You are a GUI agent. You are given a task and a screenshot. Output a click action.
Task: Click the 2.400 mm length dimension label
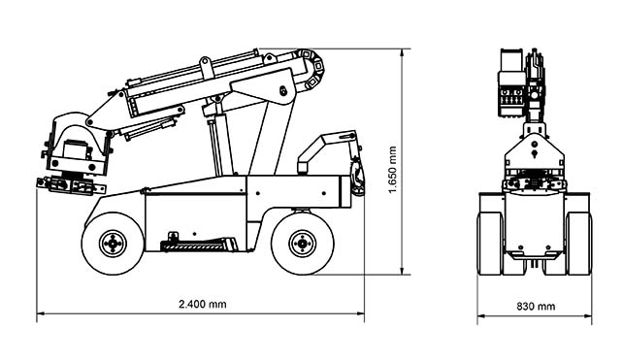point(203,305)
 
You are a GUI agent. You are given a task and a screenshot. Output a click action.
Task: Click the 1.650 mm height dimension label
point(393,170)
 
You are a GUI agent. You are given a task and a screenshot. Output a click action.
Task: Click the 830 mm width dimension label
point(536,307)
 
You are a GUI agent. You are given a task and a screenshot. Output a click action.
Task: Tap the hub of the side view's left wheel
point(113,244)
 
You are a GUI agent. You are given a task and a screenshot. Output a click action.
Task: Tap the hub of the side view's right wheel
point(303,244)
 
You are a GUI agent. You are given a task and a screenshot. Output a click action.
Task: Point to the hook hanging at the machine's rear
point(357,177)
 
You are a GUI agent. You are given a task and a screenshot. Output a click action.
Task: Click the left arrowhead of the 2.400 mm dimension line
point(40,313)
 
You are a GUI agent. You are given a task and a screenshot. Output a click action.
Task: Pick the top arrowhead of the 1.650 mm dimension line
point(403,52)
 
